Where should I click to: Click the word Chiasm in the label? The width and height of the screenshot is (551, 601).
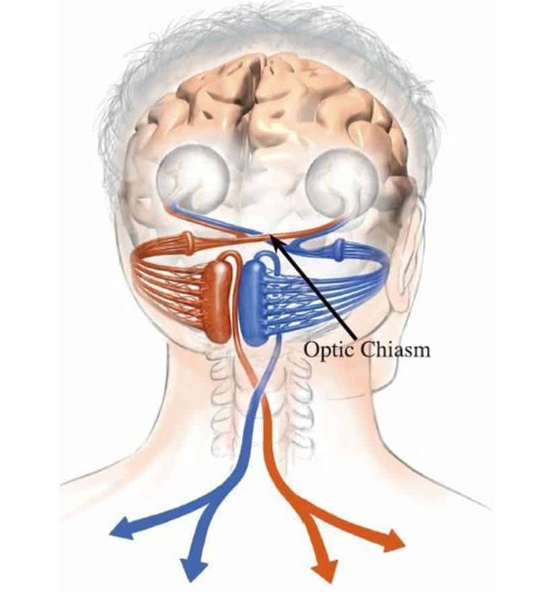(396, 349)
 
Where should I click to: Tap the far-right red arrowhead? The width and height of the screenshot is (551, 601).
(394, 541)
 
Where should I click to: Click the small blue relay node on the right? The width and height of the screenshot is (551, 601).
(338, 249)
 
